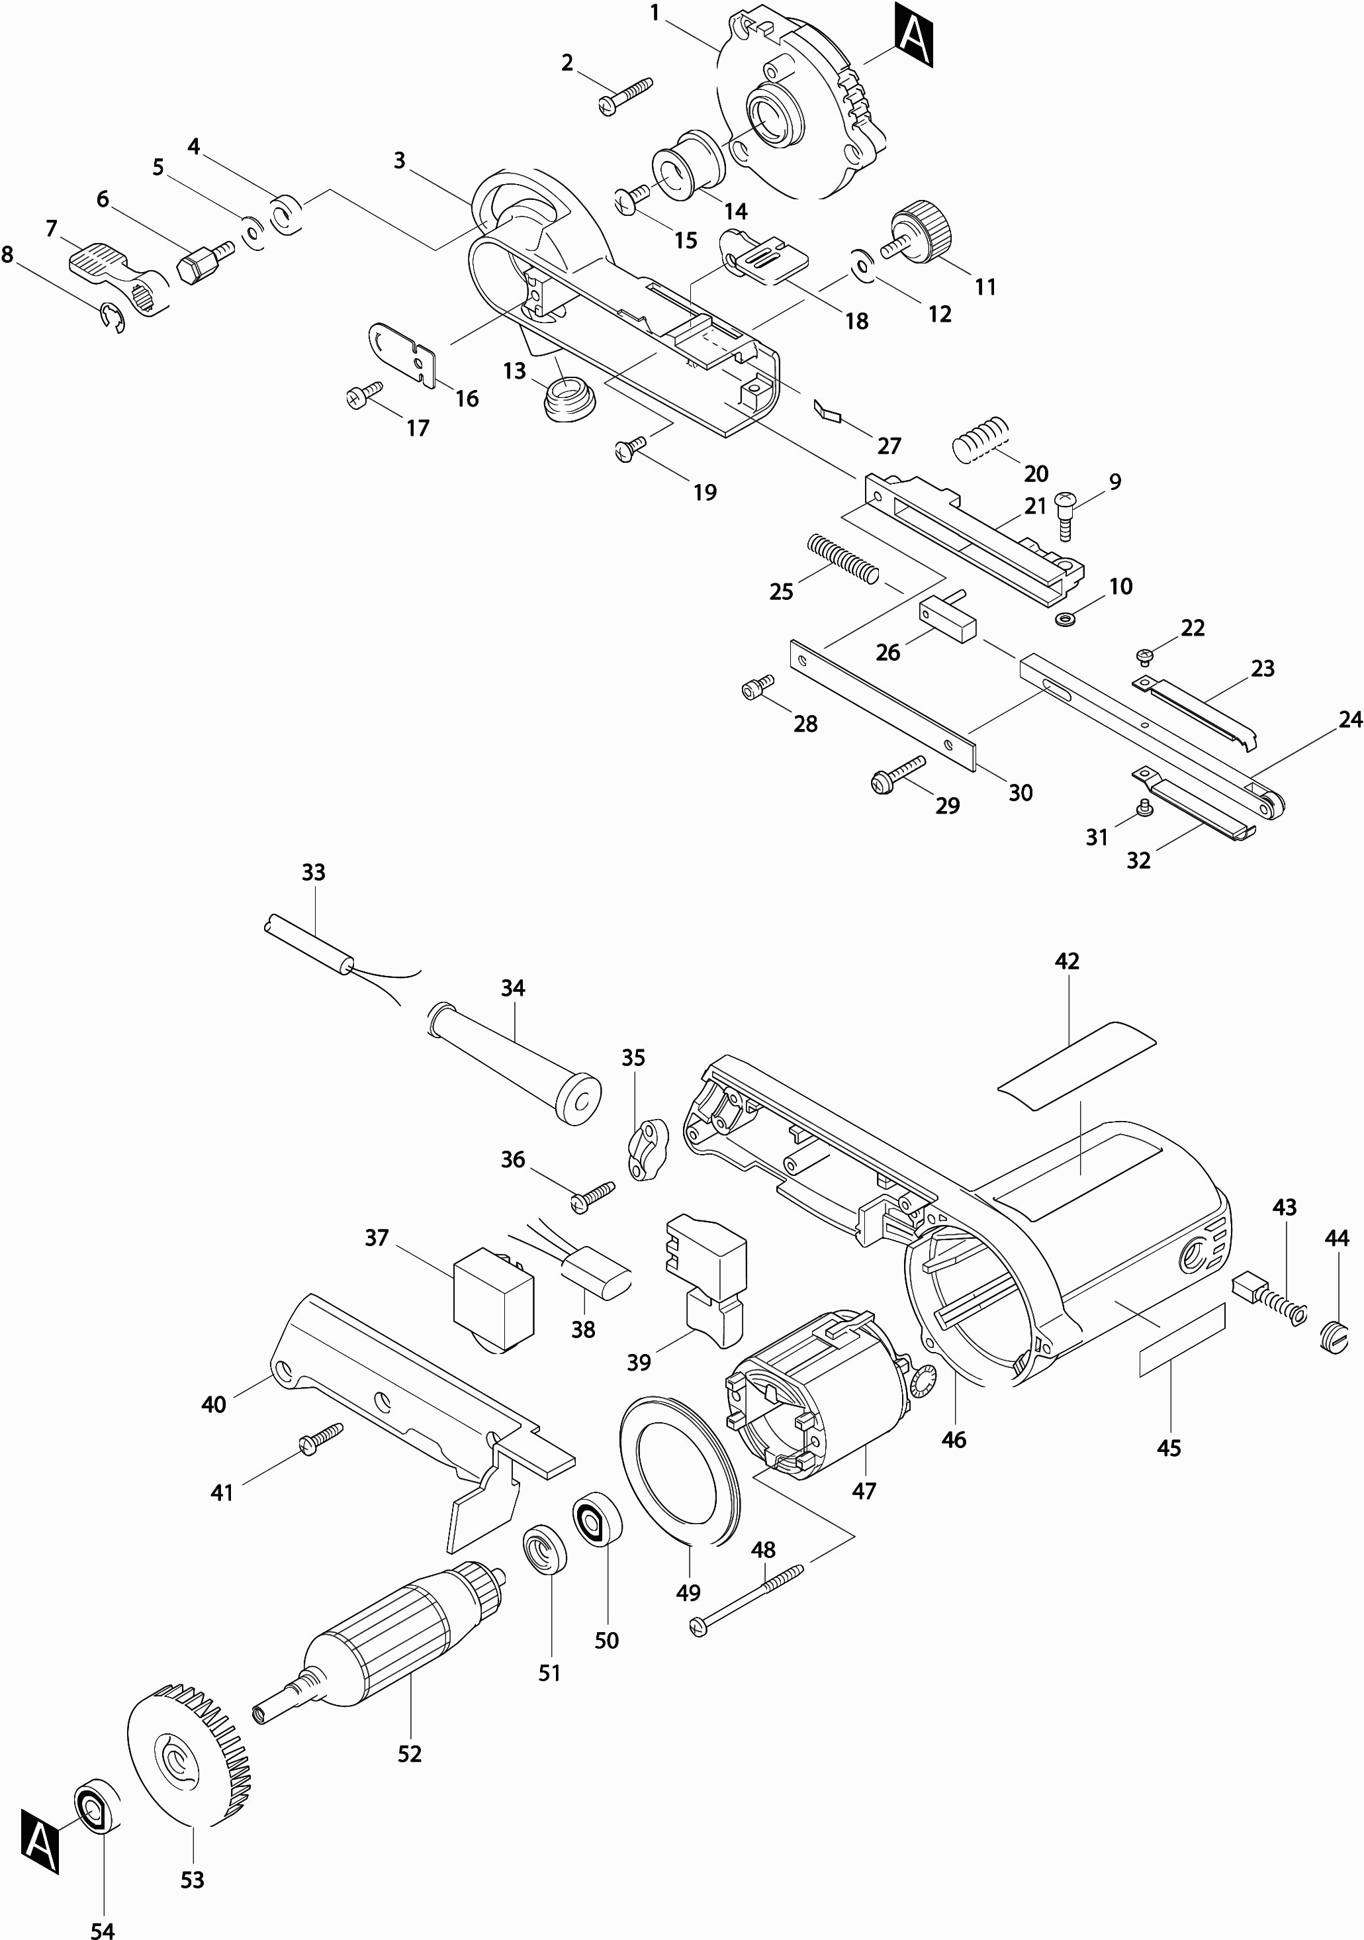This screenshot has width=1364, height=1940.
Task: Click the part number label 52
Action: coord(410,1754)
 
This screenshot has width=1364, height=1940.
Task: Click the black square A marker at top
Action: coord(914,36)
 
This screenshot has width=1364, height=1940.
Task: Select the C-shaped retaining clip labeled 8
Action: coord(113,318)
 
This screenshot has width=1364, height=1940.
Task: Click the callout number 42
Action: coord(1067,961)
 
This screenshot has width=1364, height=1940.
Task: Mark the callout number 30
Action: coord(1021,793)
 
